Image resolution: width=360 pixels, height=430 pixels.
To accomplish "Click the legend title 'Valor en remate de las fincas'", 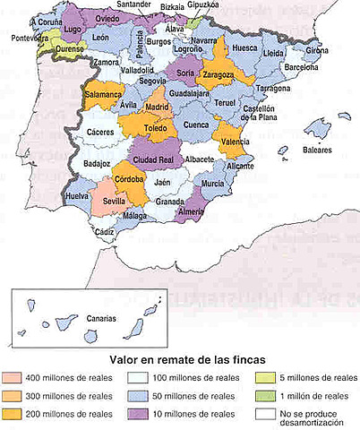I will click(179, 358).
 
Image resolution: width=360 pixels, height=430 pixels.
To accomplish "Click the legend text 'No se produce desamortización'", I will click(312, 417).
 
